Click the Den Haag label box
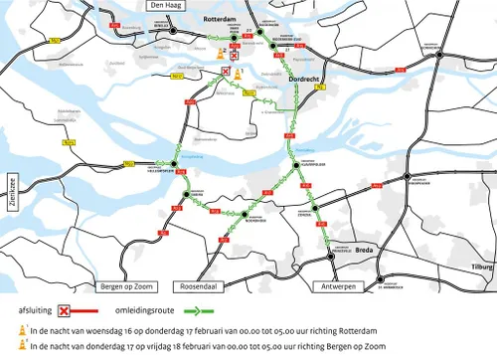pos(161,5)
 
